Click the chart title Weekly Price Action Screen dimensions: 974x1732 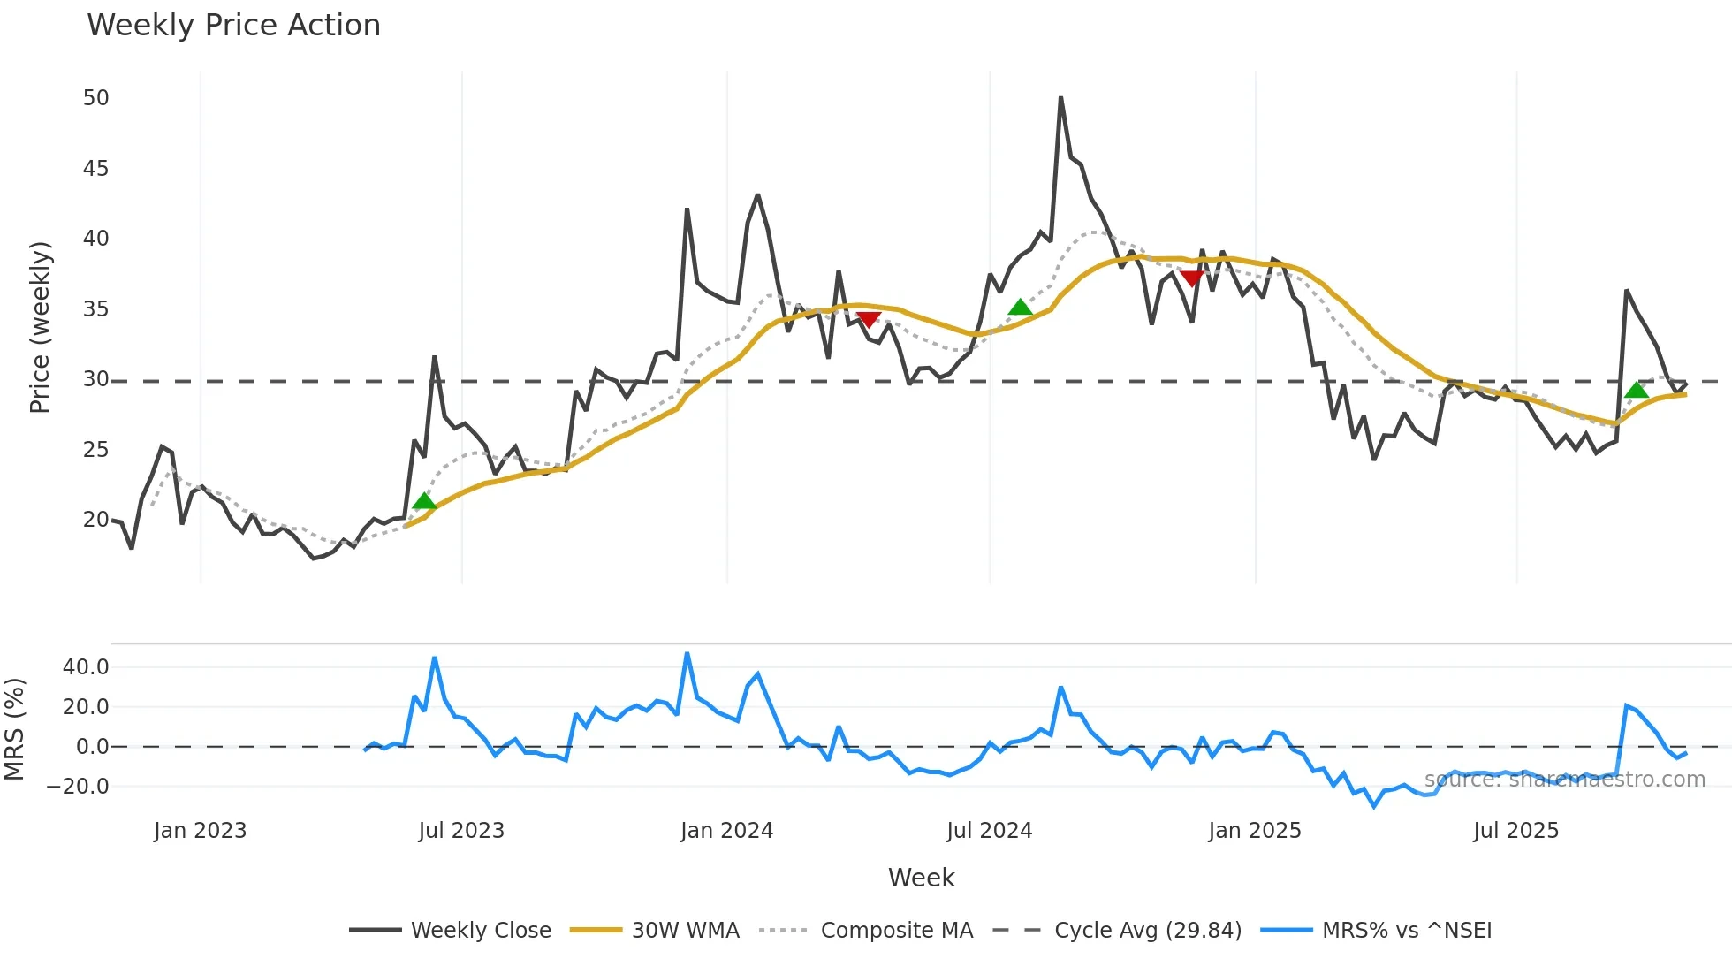coord(233,26)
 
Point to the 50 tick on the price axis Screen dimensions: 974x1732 coord(95,98)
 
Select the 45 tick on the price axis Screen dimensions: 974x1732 coord(95,169)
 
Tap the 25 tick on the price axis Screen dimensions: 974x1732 coord(95,450)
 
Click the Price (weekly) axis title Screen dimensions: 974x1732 coord(41,327)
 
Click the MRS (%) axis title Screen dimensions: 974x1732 coord(14,729)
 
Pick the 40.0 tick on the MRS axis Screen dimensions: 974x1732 coord(86,667)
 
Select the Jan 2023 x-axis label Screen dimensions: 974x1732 coord(200,831)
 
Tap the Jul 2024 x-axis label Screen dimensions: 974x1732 coord(989,831)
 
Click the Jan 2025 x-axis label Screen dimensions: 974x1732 coord(1254,831)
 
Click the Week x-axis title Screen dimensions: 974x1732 coord(921,878)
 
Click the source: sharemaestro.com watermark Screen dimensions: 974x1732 coord(1564,780)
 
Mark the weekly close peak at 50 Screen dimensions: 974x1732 coord(1060,98)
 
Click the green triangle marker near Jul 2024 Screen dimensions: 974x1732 coord(1020,308)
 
